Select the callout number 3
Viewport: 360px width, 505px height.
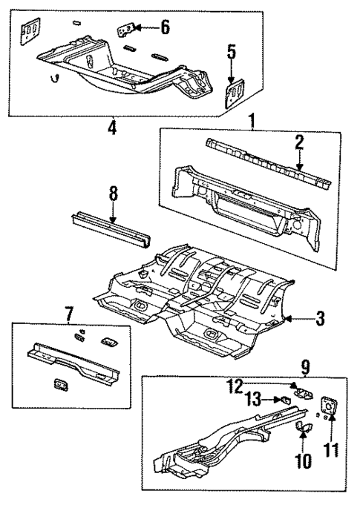click(x=320, y=320)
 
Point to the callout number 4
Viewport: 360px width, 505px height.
click(x=111, y=128)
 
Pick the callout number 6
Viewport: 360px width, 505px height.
click(x=165, y=27)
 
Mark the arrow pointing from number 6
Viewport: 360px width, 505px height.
click(x=145, y=28)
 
